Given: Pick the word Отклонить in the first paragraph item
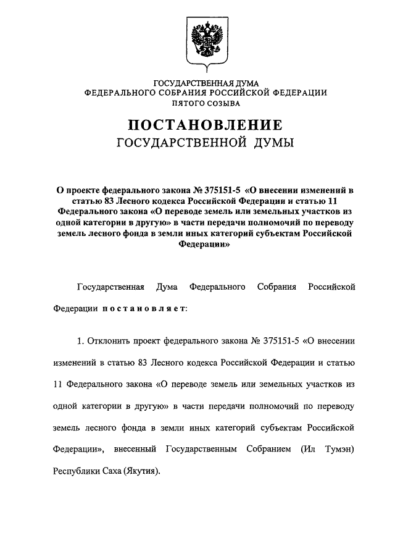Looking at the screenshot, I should pos(110,340).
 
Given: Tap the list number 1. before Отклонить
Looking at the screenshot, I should pos(80,340).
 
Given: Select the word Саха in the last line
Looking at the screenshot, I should pos(109,471).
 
